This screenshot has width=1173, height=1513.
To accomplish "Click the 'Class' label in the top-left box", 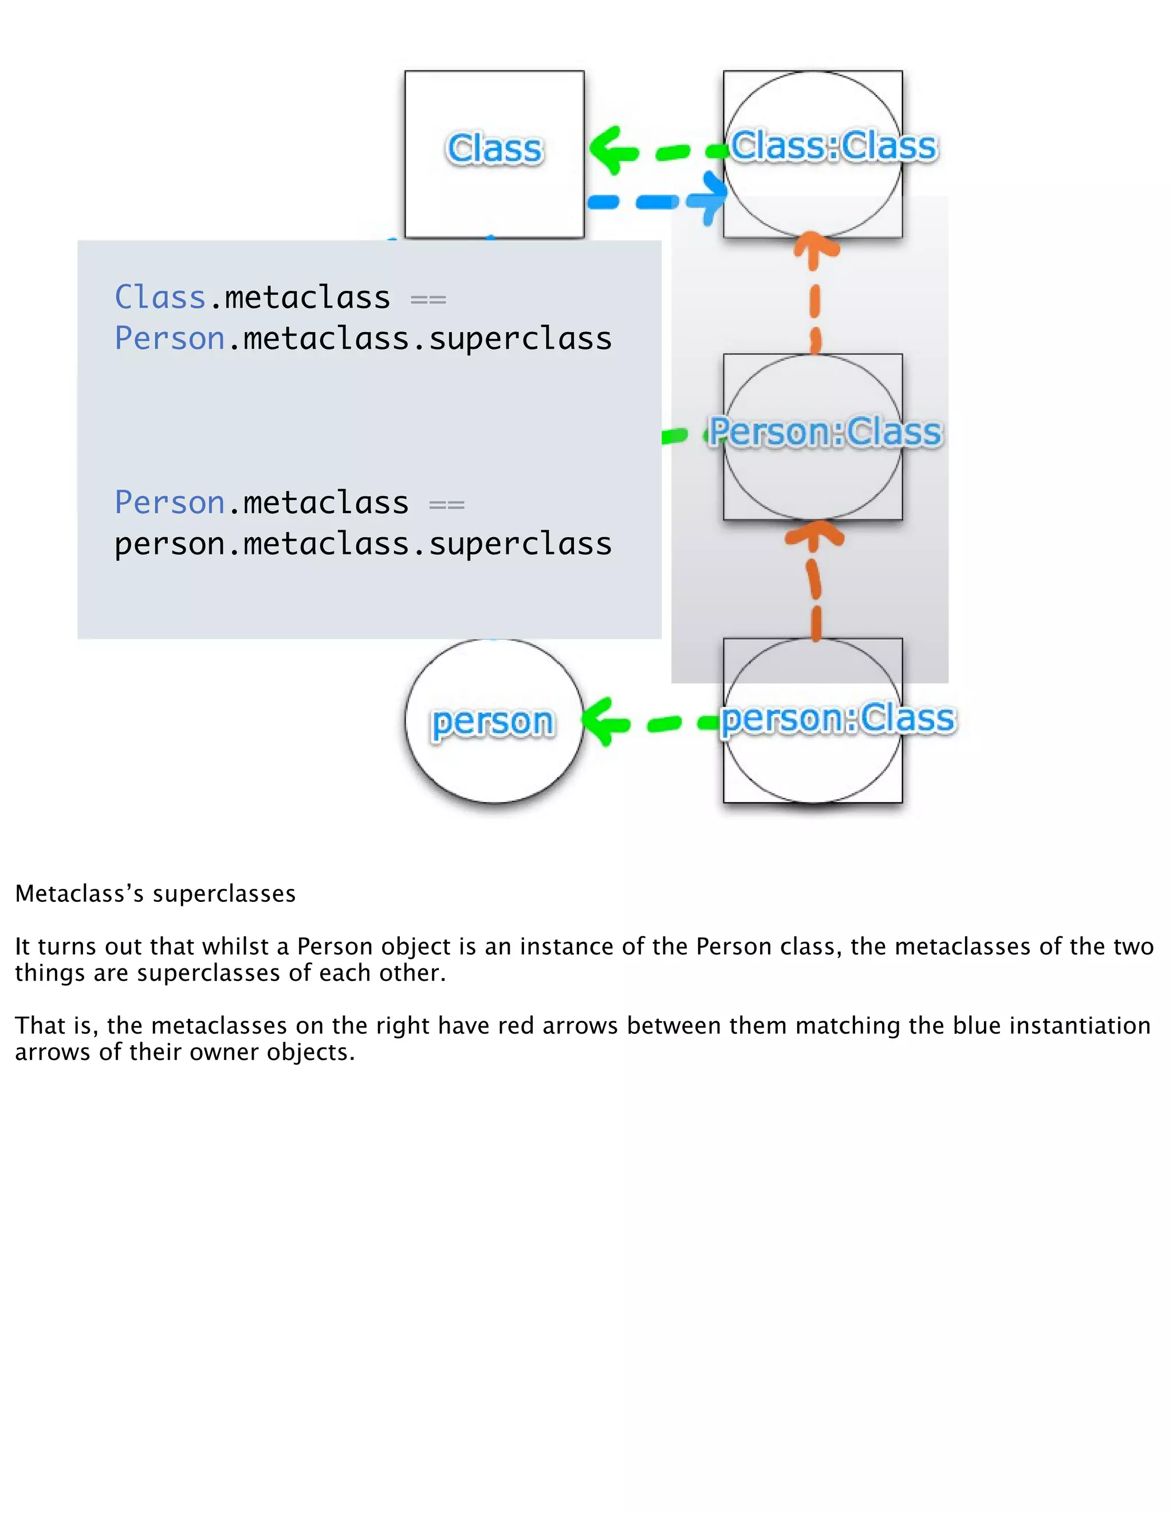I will pos(494,148).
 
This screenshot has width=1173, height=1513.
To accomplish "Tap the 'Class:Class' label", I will pos(833,145).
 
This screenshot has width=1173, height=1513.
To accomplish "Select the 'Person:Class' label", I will pos(825,432).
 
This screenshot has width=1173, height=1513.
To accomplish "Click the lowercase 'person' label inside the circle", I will pos(493,722).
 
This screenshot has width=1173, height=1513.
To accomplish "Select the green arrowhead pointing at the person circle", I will pos(601,722).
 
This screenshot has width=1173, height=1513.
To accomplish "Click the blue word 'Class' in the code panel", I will pos(160,297).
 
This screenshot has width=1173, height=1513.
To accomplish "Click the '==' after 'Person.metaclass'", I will pos(447,505).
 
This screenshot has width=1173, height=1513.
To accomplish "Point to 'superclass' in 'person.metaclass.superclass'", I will pos(520,544).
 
